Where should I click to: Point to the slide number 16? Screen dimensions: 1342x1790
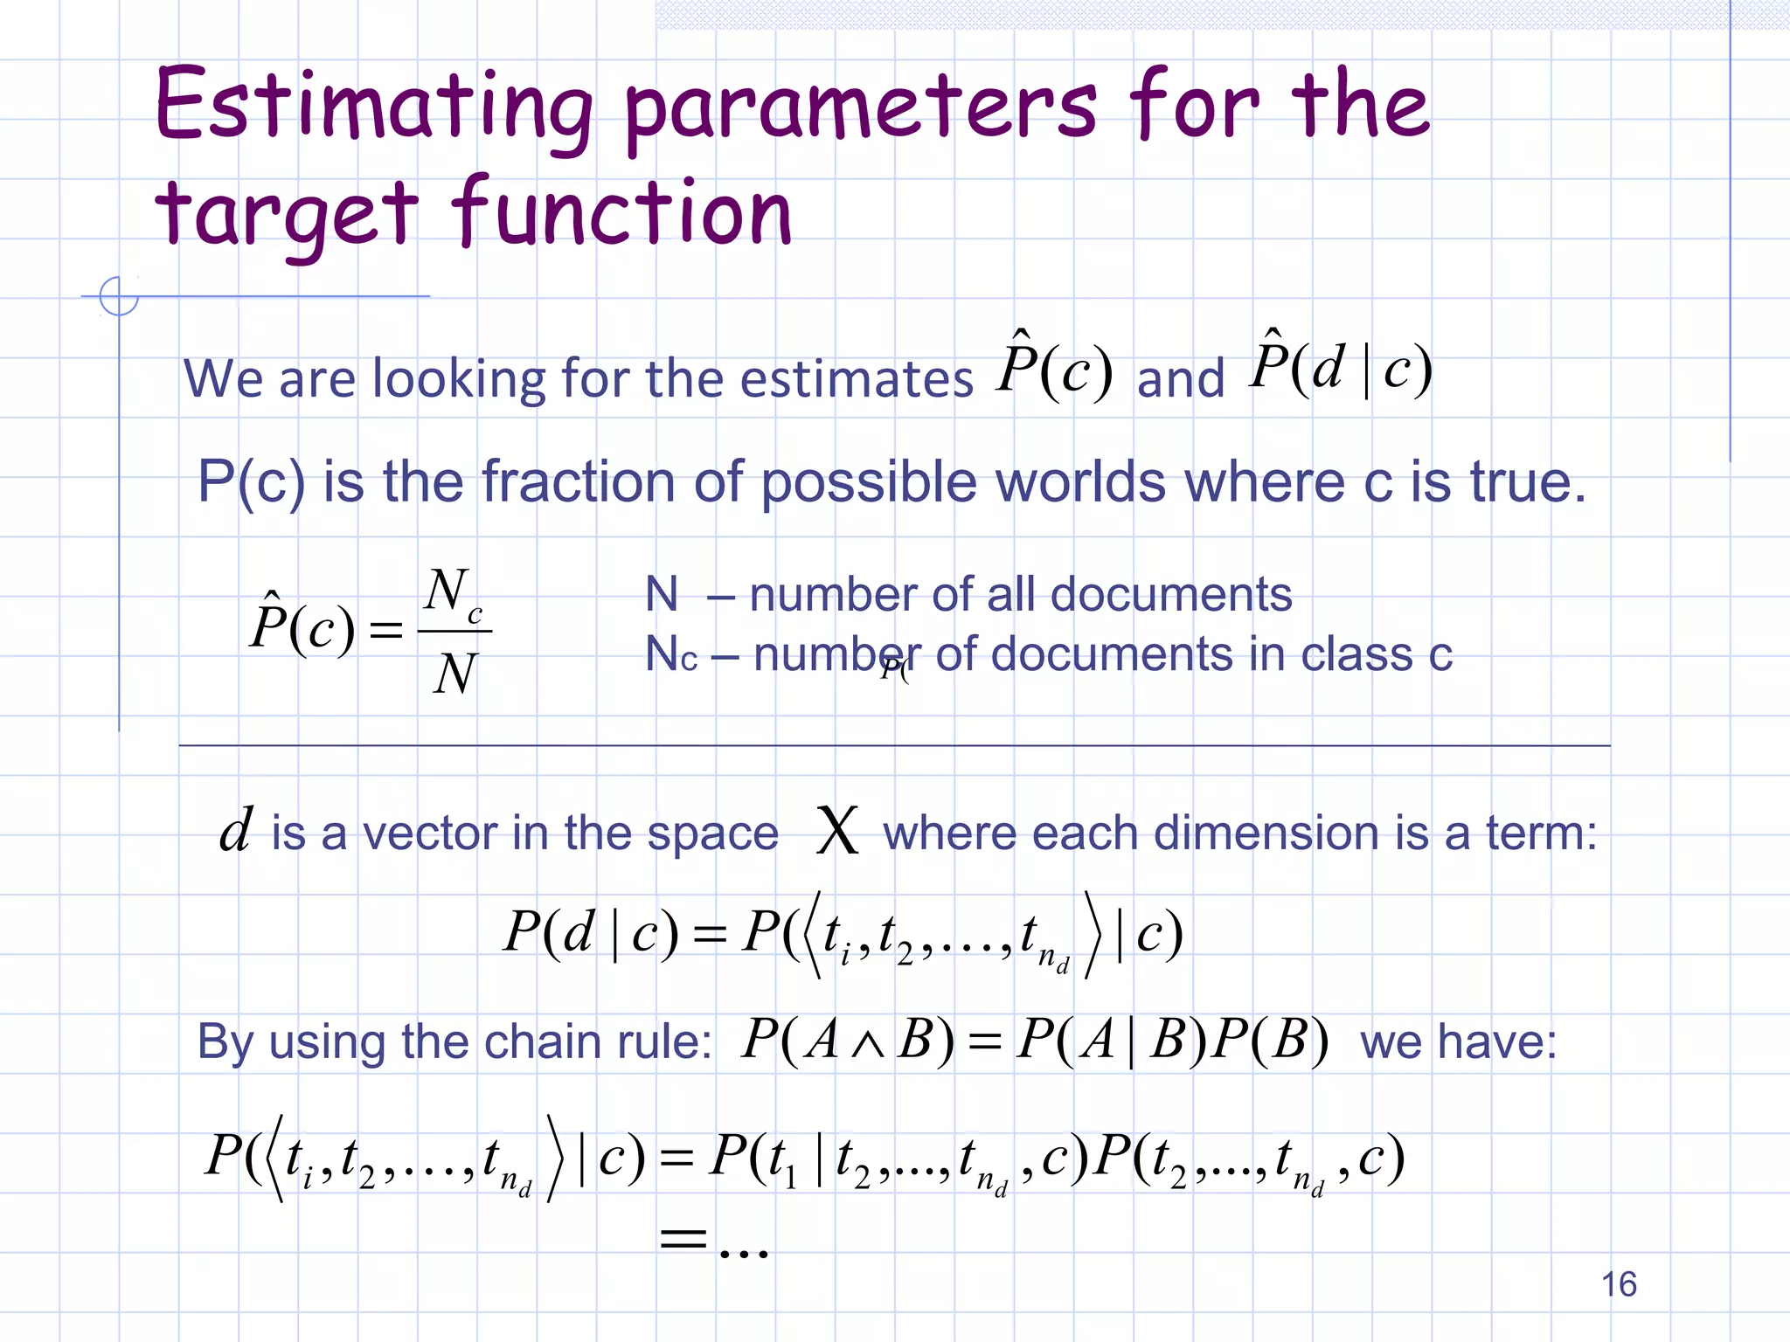point(1619,1284)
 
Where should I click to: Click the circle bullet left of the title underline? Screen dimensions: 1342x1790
point(119,296)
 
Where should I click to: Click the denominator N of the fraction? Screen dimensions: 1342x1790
point(454,674)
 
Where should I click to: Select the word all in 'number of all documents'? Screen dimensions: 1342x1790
point(1012,595)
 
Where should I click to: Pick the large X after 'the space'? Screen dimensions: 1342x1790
point(836,831)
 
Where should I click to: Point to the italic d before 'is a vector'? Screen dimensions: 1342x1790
point(236,829)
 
